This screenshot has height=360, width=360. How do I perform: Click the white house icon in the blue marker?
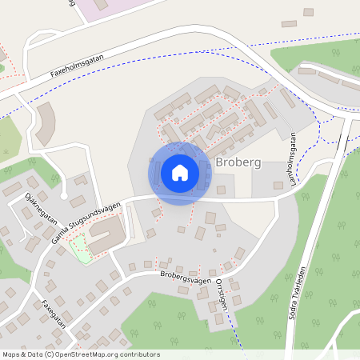coord(180,172)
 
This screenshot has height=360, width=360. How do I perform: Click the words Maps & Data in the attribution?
coord(21,354)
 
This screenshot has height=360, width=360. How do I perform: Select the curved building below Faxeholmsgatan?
coord(46,123)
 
